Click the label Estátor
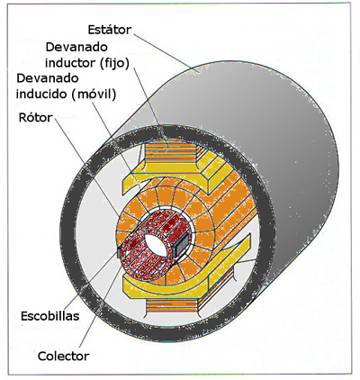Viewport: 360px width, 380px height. pos(110,30)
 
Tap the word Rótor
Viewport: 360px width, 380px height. pos(36,118)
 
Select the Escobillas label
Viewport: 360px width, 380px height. pos(50,316)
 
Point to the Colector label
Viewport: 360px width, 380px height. pos(64,357)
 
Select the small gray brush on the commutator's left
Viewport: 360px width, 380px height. pos(120,252)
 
